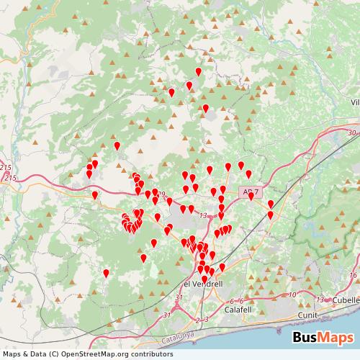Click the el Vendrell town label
(203, 284)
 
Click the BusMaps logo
(323, 338)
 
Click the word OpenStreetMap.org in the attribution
(97, 354)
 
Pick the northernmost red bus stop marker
(199, 71)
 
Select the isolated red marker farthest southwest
(106, 273)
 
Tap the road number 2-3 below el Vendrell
(202, 318)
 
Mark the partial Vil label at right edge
(354, 103)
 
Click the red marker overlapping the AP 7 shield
(251, 197)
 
